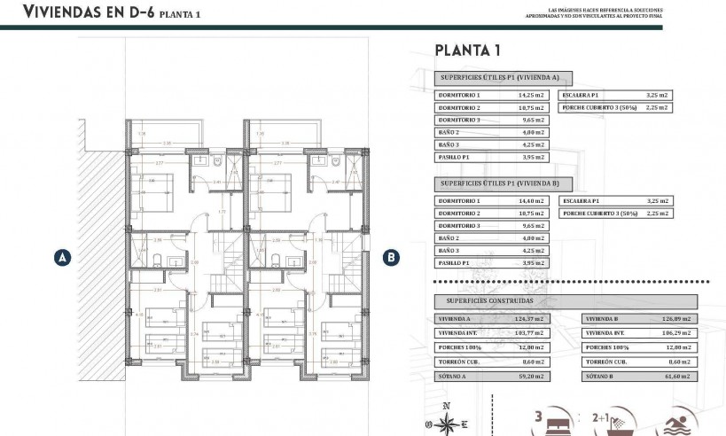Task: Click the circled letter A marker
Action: coord(62,258)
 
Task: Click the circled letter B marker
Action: coord(392,258)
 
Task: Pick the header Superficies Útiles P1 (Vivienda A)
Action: coord(502,78)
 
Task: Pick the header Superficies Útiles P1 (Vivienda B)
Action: coord(502,183)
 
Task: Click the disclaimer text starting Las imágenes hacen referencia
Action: coord(594,12)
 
